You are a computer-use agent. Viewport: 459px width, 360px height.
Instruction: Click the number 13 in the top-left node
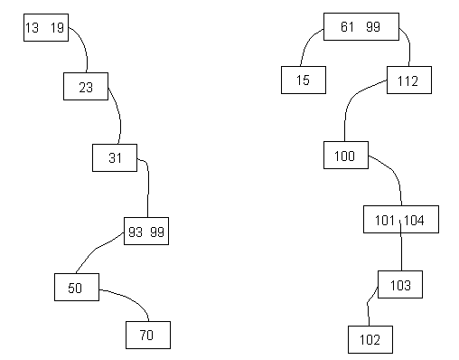(33, 29)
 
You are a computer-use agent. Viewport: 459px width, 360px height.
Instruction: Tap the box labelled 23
(86, 88)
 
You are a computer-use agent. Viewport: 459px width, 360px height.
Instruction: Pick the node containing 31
(115, 157)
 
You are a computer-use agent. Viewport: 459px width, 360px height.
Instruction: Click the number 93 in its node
(136, 232)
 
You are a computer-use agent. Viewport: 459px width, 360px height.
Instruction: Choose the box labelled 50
(76, 288)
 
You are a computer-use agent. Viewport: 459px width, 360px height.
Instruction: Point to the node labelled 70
(147, 335)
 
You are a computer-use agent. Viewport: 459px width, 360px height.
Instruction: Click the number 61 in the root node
(348, 28)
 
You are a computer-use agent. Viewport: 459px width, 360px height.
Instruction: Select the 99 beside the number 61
(373, 28)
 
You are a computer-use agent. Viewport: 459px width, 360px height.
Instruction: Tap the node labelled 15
(303, 81)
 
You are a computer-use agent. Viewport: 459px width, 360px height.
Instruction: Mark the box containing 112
(408, 81)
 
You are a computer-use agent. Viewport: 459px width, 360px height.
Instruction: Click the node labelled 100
(345, 156)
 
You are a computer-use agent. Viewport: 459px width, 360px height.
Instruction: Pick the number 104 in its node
(415, 220)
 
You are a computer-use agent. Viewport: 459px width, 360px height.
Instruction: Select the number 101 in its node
(386, 220)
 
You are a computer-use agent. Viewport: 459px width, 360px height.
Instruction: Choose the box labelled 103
(400, 286)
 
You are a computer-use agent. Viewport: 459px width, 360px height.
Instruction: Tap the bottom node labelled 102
(370, 340)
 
